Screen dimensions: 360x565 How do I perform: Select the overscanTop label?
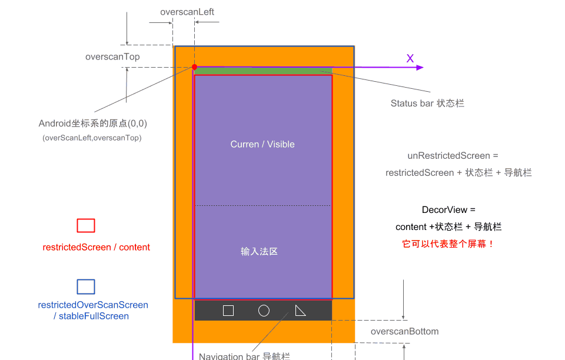tap(112, 57)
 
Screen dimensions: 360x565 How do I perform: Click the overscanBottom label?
tap(404, 331)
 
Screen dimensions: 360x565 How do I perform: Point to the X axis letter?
tap(410, 58)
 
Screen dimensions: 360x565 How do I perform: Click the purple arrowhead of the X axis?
tap(420, 68)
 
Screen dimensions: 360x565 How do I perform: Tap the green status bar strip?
tap(263, 71)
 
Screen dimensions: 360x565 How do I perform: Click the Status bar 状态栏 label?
tap(427, 103)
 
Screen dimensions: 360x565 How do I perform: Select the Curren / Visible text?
tap(262, 144)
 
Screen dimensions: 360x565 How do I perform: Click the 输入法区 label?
tap(259, 251)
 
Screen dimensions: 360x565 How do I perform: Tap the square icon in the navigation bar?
tap(228, 311)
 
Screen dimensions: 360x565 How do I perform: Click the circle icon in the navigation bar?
tap(264, 311)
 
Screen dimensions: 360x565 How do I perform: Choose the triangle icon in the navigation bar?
tap(300, 311)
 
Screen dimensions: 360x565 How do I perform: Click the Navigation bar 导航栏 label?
tap(244, 356)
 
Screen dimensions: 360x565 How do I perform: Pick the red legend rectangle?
tap(86, 226)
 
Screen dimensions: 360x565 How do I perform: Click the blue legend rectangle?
tap(86, 286)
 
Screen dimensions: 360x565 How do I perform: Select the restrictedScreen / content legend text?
tap(97, 247)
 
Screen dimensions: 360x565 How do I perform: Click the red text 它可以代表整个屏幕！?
tap(448, 244)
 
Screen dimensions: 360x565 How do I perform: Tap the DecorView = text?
tap(448, 210)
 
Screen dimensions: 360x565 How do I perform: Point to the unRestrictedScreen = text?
tap(453, 156)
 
